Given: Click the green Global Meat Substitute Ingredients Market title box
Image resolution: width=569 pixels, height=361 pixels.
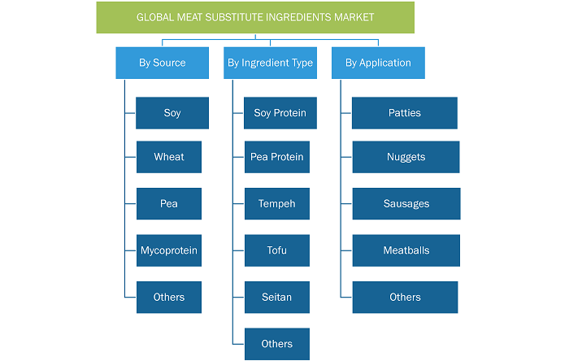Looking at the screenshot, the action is [x=255, y=17].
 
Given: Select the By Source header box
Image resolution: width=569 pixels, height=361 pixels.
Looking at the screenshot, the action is [x=163, y=63].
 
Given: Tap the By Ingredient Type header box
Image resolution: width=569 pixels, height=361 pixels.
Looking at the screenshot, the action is [x=270, y=63].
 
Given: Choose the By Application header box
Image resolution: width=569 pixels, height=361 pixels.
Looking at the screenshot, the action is [x=378, y=63].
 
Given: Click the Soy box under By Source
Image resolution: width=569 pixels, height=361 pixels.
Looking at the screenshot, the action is [x=172, y=113].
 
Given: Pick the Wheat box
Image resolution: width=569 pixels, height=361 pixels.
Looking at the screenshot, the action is [x=169, y=157].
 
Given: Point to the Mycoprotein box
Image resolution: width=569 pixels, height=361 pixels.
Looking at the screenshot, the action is [x=169, y=250].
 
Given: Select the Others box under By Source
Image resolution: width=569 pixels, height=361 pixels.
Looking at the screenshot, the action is [x=169, y=297].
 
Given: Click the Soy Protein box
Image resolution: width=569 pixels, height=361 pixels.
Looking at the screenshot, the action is [x=280, y=113].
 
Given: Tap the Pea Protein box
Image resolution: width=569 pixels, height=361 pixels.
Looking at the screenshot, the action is [x=277, y=157].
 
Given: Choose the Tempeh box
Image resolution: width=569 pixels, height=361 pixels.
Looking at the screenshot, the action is [x=277, y=203].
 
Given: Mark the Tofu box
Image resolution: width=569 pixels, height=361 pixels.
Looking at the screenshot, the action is [x=277, y=250].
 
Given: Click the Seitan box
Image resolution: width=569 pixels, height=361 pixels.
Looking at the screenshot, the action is [x=277, y=297].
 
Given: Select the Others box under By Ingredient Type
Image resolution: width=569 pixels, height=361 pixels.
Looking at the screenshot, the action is [x=277, y=344].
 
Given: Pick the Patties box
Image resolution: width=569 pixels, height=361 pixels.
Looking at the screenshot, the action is [x=405, y=113].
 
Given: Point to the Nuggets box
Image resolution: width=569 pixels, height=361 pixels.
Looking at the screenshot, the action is [x=406, y=157].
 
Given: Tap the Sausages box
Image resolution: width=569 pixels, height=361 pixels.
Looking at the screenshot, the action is [x=406, y=203].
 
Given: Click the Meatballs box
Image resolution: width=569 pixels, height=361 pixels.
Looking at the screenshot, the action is [x=406, y=250].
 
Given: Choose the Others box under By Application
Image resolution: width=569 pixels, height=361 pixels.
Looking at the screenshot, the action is [x=405, y=297].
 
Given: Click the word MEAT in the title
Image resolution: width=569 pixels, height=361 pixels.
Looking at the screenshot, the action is [x=189, y=17].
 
